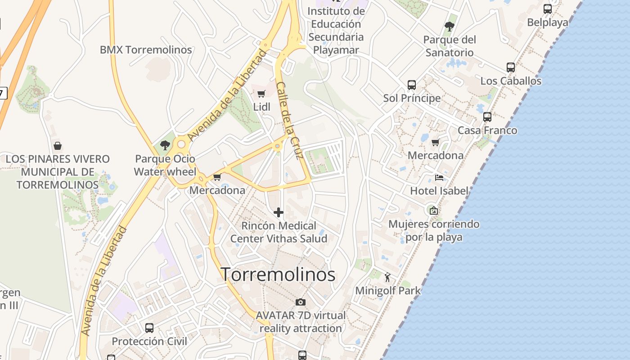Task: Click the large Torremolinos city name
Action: [278, 274]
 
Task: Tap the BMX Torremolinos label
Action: [146, 49]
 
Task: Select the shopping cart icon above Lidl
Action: [261, 94]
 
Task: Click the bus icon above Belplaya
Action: [548, 9]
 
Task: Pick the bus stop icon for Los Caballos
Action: [511, 67]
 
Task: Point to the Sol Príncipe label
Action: [412, 98]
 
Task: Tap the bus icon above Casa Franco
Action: [487, 117]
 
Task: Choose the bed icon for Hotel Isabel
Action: [439, 177]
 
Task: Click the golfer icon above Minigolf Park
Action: [388, 277]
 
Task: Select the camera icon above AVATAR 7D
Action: [301, 301]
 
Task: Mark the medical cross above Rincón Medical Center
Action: [279, 212]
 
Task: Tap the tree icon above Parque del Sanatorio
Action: [449, 26]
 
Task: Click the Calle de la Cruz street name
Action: [288, 120]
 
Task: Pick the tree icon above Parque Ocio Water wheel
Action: [165, 145]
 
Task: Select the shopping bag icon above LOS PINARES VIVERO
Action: [58, 146]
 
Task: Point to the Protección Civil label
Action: [149, 342]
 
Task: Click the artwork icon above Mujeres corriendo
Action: [433, 210]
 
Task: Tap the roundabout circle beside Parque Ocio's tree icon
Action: [181, 144]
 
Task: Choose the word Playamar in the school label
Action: [336, 50]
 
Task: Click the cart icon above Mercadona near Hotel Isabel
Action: [435, 142]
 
